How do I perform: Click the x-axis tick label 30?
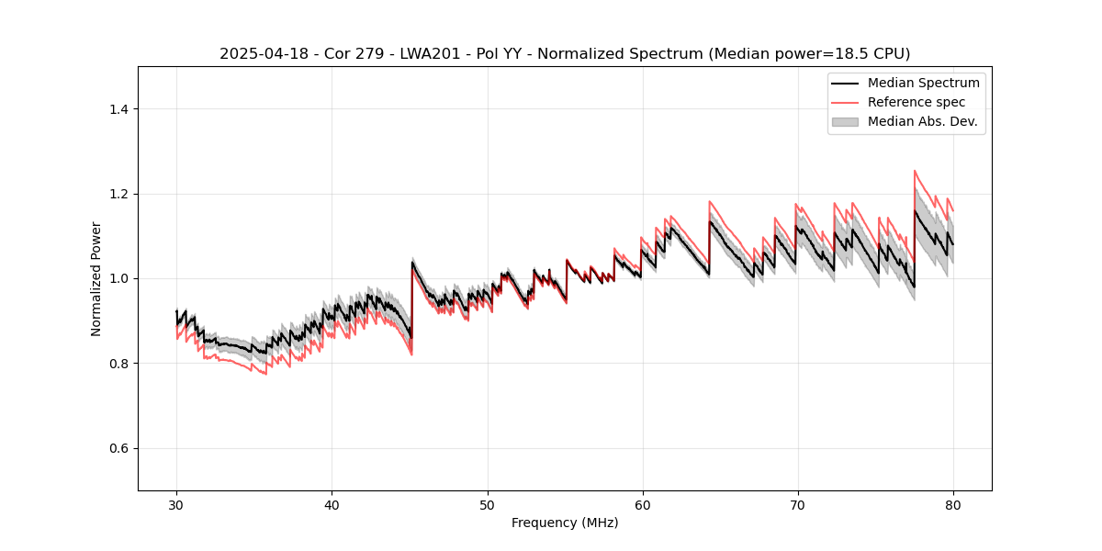click(x=176, y=505)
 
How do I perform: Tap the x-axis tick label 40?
click(x=332, y=505)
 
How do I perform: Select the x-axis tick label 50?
click(x=487, y=505)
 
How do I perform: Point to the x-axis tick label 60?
click(x=642, y=505)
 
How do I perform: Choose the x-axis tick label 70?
click(x=797, y=505)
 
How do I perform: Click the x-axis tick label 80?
click(x=952, y=505)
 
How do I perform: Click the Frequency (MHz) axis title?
click(x=565, y=523)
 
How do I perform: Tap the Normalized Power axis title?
click(x=96, y=278)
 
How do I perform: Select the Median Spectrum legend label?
click(x=923, y=83)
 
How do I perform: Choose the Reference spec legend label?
click(x=916, y=102)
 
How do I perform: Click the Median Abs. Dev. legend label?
click(x=922, y=121)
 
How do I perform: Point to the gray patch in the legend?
click(x=845, y=121)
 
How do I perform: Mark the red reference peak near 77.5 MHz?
click(x=915, y=171)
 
